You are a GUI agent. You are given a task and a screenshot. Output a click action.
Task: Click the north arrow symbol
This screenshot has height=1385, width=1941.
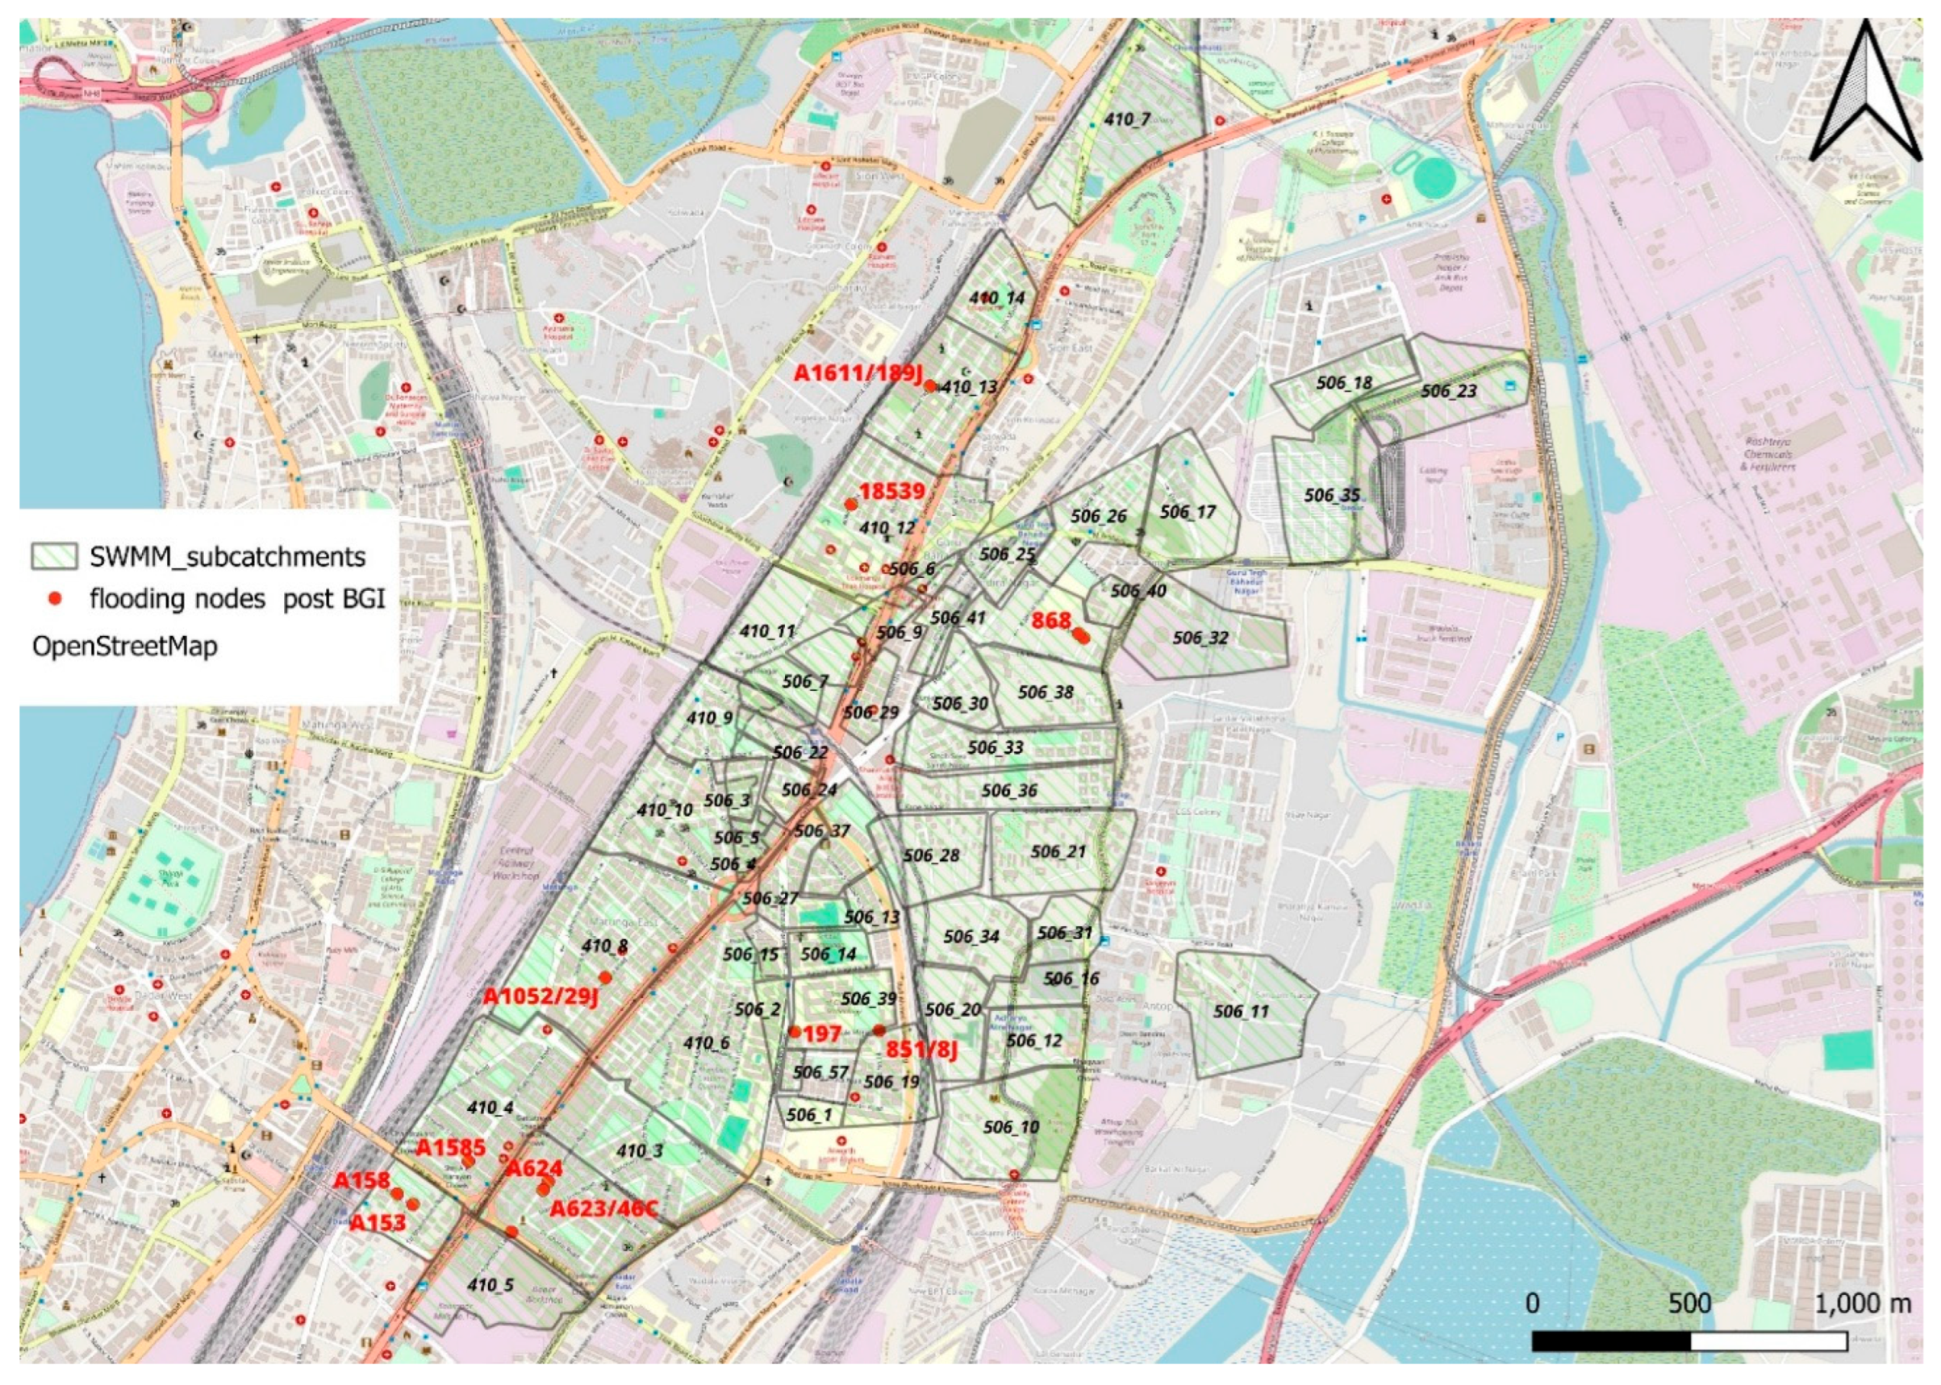click(x=1866, y=94)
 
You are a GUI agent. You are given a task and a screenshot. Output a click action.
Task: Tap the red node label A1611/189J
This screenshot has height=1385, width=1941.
click(x=858, y=372)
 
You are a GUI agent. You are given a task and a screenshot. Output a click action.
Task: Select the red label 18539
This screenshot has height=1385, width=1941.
click(x=891, y=490)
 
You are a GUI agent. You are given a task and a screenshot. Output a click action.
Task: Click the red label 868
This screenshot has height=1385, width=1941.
click(x=1050, y=620)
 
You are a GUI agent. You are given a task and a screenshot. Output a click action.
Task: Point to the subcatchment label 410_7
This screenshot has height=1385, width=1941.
click(x=1127, y=119)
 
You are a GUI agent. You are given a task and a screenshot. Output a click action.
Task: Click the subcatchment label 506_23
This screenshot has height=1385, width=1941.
click(x=1448, y=392)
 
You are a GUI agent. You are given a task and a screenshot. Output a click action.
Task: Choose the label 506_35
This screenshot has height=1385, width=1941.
click(x=1332, y=496)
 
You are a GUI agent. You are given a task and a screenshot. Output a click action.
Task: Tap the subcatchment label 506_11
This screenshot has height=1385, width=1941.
click(x=1242, y=1012)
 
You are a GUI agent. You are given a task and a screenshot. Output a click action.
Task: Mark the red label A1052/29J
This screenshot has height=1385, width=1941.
click(x=541, y=996)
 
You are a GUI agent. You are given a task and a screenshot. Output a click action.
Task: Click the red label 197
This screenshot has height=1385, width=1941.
click(x=821, y=1034)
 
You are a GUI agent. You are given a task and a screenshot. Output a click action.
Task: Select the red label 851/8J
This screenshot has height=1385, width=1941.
click(x=920, y=1049)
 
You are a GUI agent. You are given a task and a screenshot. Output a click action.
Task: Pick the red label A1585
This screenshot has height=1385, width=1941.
click(x=449, y=1148)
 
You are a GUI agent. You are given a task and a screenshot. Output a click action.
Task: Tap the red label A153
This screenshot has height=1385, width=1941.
click(x=378, y=1222)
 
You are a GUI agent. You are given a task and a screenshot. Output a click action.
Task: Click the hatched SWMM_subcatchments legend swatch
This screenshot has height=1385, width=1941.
click(x=54, y=557)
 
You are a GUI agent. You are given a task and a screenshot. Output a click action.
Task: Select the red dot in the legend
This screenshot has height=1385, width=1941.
click(x=56, y=599)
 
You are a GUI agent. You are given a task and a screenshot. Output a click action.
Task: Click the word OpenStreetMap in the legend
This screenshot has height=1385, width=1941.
click(x=124, y=646)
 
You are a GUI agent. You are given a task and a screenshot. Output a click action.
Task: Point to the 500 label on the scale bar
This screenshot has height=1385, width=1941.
click(x=1689, y=1303)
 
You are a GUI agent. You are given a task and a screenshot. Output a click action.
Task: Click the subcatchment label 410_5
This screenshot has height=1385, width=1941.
click(x=490, y=1284)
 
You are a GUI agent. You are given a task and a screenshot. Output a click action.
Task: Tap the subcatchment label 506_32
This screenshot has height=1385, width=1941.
click(x=1200, y=638)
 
